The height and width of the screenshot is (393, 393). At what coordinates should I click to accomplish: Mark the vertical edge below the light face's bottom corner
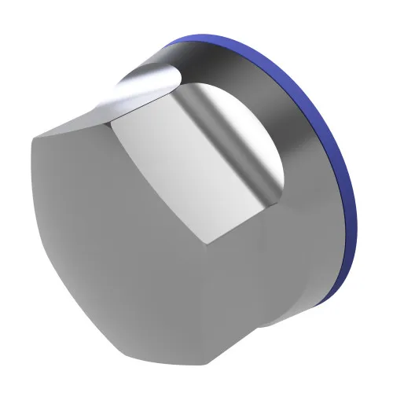(206, 299)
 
